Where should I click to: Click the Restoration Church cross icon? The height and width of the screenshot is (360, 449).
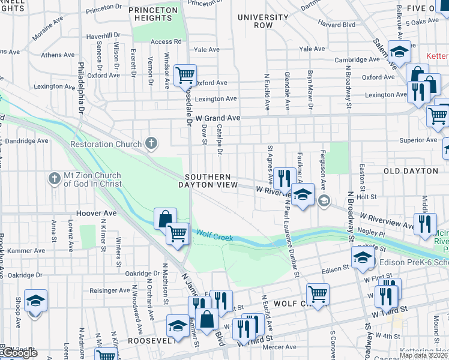click(x=152, y=144)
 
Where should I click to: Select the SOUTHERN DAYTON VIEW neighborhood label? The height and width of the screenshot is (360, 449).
click(x=208, y=181)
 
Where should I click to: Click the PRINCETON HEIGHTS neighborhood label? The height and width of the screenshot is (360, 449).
click(x=154, y=14)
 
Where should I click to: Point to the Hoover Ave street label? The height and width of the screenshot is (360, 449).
click(x=96, y=213)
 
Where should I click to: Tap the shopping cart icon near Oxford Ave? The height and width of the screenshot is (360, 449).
click(x=185, y=76)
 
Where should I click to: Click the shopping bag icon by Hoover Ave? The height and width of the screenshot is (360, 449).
click(x=165, y=218)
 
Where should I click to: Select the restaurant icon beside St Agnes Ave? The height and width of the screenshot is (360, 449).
click(x=284, y=178)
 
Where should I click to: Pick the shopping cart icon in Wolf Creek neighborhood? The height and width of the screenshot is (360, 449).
click(x=318, y=294)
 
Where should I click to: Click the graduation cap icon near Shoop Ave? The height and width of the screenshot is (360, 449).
click(x=36, y=300)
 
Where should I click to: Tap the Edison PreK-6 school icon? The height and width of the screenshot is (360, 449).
click(x=362, y=258)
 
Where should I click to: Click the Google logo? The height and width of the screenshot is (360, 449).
click(x=19, y=353)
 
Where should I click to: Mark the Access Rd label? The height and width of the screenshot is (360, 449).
click(x=166, y=41)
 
